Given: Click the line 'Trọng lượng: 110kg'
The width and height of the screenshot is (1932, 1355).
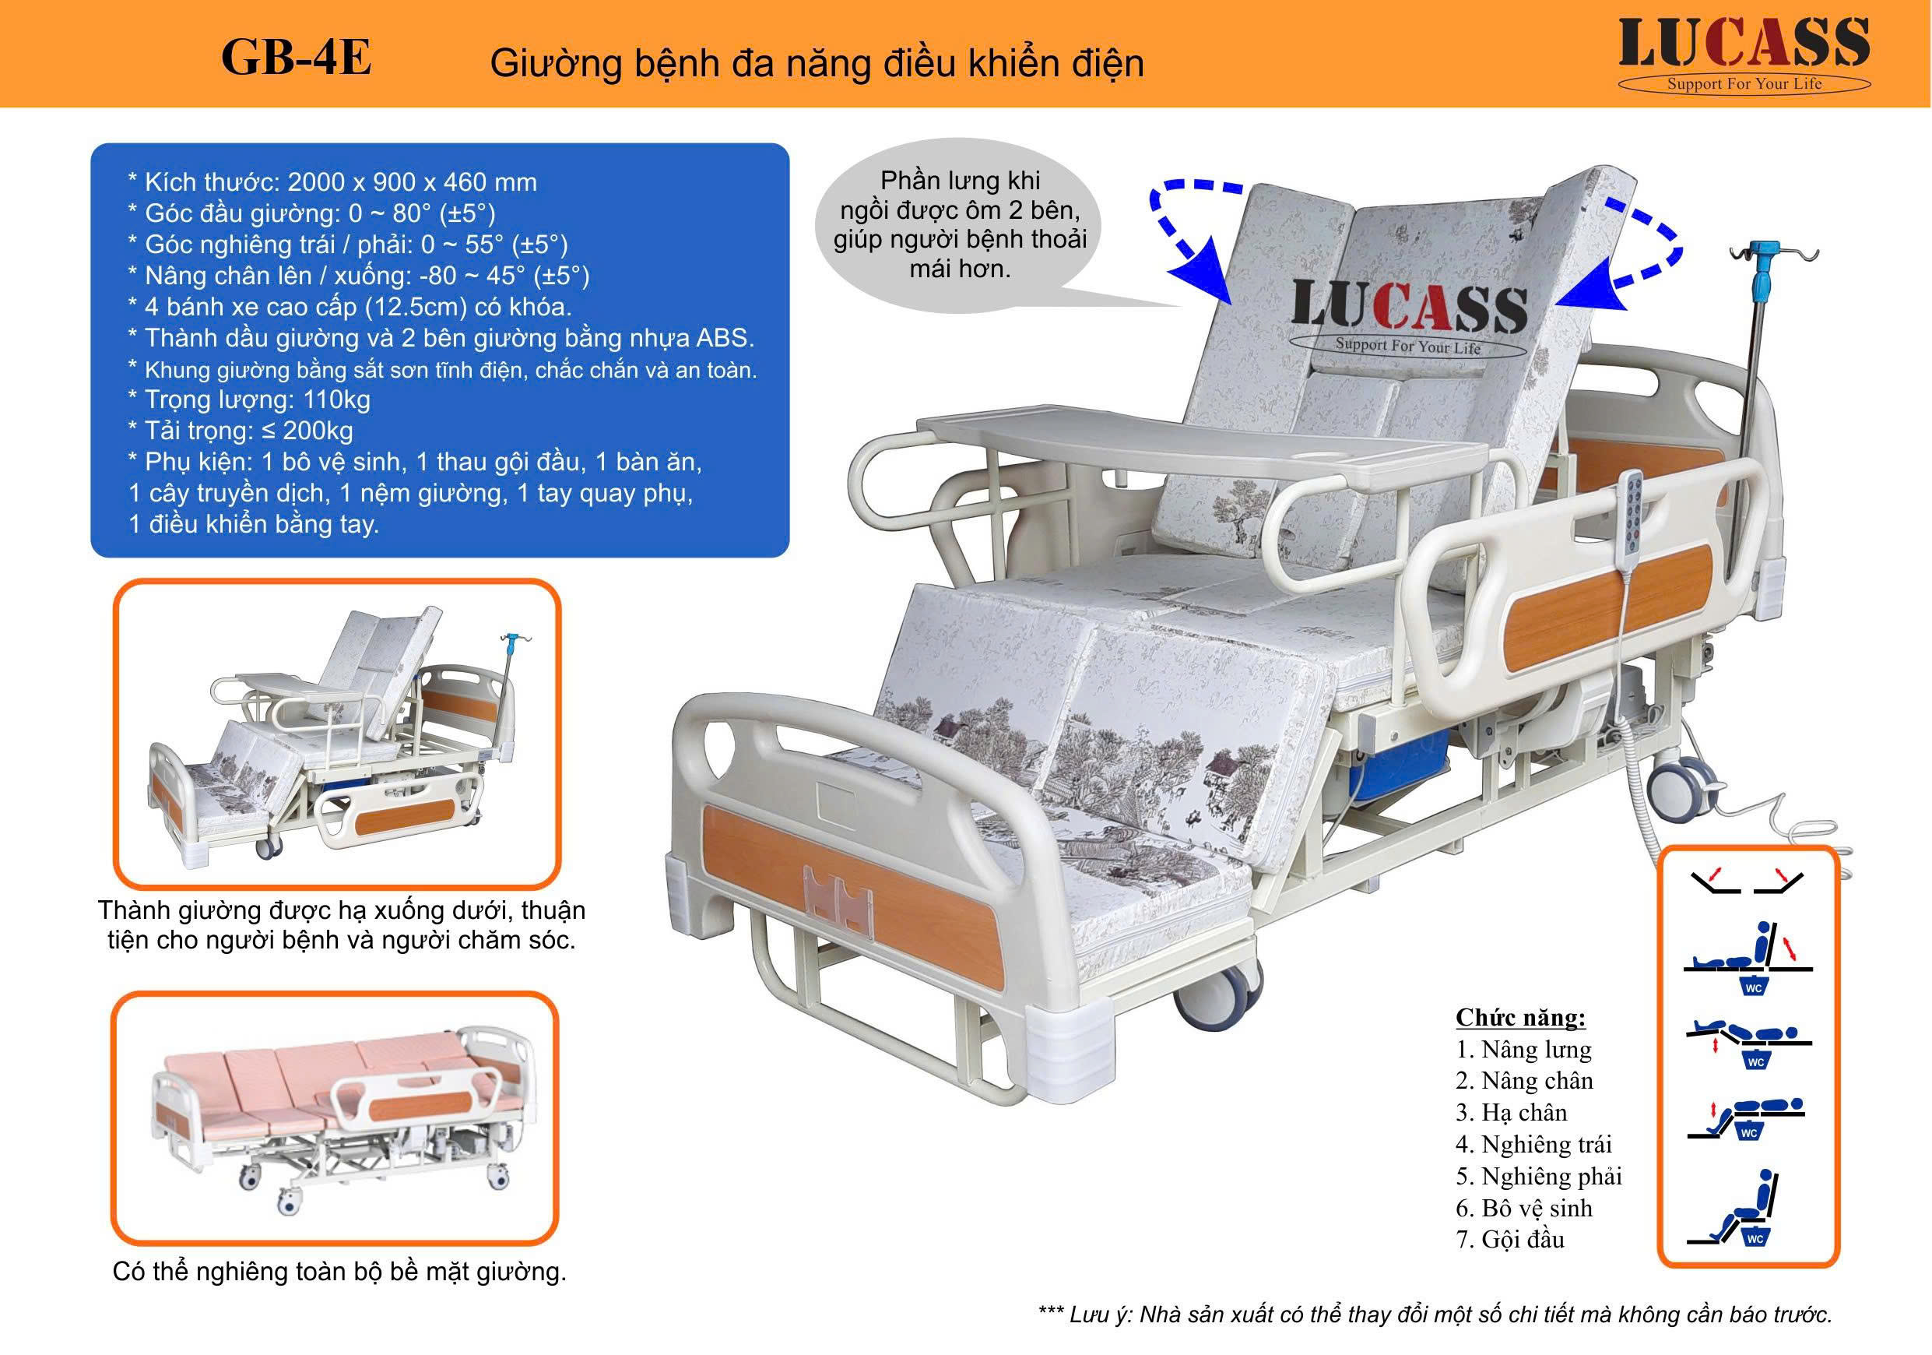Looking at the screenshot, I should coord(256,399).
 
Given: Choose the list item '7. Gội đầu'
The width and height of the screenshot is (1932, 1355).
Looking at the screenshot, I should coord(1509,1239).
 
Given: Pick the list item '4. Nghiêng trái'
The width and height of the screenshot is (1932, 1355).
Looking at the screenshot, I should coord(1533,1144).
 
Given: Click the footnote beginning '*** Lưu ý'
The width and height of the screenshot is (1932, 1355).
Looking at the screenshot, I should coord(1435,1314).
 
